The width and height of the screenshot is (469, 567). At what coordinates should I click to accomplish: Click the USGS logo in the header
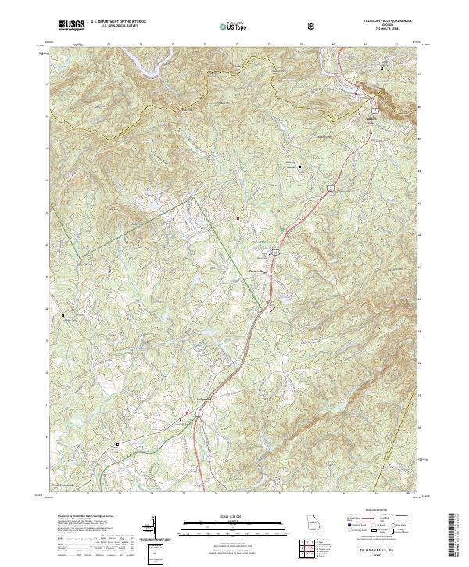72,24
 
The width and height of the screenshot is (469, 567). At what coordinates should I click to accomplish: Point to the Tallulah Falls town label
371,118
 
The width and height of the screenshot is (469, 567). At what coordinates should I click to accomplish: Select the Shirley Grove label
290,164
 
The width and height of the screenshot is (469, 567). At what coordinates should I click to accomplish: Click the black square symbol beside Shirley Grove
299,166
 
